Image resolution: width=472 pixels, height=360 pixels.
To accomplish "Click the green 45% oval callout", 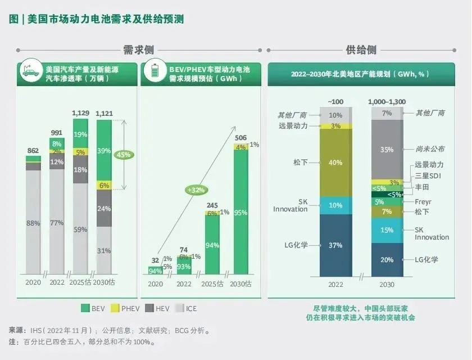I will tap(123, 154).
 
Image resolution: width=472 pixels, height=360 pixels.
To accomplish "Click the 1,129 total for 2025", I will tap(81, 113).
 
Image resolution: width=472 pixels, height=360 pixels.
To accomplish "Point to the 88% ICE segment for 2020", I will tap(33, 223).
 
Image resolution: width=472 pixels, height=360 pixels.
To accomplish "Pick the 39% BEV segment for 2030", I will tap(104, 150).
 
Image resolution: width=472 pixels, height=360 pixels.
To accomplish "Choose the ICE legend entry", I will tap(187, 308).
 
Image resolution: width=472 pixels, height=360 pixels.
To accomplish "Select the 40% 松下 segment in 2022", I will tap(335, 163).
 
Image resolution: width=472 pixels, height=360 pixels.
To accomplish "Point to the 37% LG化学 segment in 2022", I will tap(335, 245).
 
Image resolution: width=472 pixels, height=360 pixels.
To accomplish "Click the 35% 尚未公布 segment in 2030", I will tap(387, 150).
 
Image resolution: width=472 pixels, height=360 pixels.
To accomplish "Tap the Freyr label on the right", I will tap(424, 201).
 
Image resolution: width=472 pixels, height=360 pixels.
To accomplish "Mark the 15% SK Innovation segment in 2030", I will tap(387, 230).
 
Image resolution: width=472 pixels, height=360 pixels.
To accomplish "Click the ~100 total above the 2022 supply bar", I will tap(335, 101).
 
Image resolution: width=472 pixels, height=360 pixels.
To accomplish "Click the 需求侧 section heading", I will tap(138, 50).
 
